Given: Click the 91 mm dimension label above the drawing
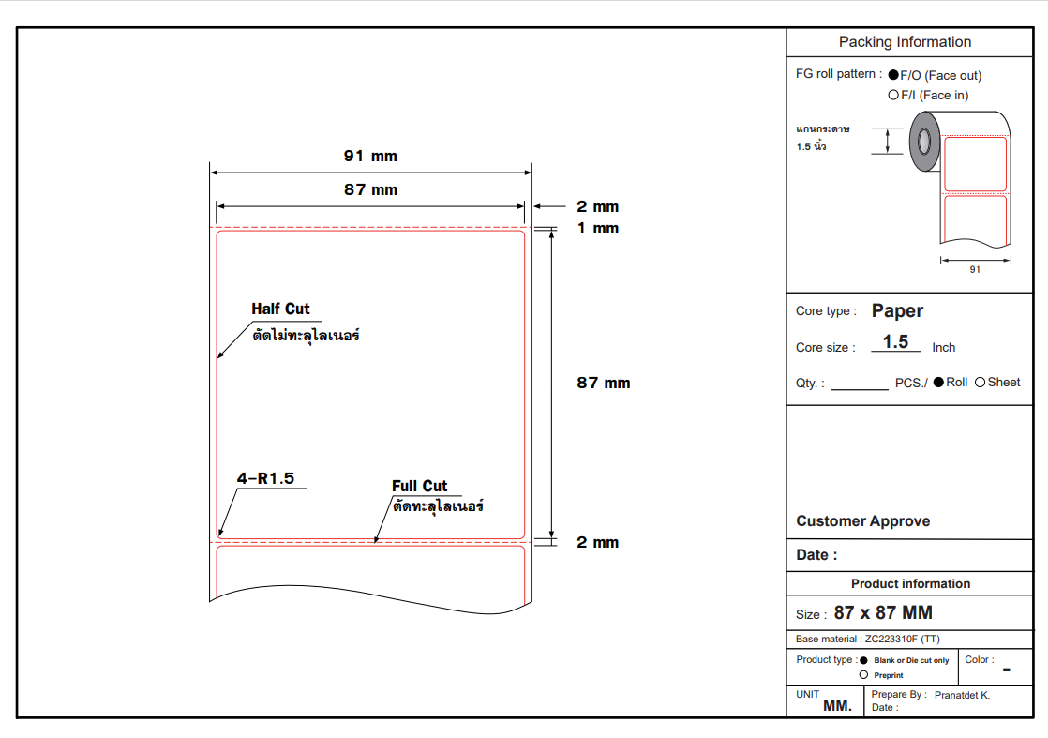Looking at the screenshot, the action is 370,157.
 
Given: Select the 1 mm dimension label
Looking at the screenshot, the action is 597,229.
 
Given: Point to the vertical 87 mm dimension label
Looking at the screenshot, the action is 603,383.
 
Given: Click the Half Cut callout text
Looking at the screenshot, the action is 280,309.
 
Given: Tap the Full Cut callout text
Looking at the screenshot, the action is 419,486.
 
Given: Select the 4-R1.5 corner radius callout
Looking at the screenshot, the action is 265,478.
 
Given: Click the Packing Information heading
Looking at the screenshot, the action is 905,42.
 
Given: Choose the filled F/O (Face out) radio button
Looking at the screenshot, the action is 893,74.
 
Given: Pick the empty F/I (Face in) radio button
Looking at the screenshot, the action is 893,95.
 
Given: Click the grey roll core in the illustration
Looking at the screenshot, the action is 924,141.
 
